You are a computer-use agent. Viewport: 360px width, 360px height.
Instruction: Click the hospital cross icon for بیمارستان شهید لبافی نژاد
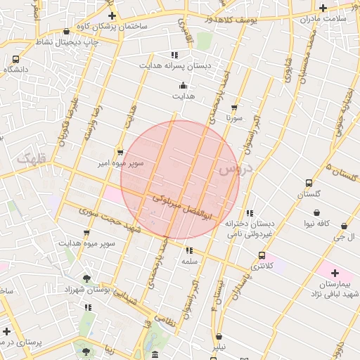(334, 273)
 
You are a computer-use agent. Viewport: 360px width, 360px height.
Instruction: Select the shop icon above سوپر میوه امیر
(120, 151)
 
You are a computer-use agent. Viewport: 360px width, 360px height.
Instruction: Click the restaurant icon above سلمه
(188, 250)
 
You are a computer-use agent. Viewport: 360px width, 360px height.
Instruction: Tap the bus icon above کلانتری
(262, 255)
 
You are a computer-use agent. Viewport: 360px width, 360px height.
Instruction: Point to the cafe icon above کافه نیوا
(317, 212)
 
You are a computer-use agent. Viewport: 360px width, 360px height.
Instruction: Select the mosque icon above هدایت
(183, 84)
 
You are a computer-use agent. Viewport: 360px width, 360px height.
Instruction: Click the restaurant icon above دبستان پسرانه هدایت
(174, 54)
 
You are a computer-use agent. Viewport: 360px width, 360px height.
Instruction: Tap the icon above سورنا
(234, 108)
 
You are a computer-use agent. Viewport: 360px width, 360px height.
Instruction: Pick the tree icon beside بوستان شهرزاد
(86, 278)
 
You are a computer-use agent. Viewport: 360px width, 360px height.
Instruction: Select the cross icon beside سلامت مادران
(323, 8)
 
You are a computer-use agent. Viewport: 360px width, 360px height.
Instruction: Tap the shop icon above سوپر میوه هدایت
(86, 232)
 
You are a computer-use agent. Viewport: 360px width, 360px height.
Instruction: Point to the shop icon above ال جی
(344, 226)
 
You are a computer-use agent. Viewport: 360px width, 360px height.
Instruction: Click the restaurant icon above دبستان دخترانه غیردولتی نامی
(250, 213)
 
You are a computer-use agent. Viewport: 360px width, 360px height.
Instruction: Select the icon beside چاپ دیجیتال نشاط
(66, 31)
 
